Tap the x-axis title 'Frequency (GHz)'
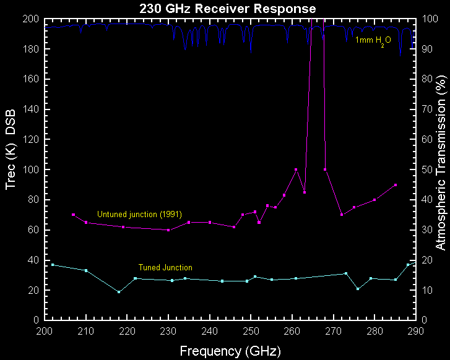tap(230, 351)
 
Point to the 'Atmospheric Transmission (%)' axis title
tap(439, 169)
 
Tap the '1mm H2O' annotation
tap(373, 40)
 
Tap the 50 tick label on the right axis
tap(425, 169)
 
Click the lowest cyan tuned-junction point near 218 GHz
tap(119, 292)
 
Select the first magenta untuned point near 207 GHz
tap(74, 215)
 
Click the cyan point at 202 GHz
tap(53, 265)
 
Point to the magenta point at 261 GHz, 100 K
tap(296, 169)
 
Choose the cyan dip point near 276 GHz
tap(358, 289)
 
